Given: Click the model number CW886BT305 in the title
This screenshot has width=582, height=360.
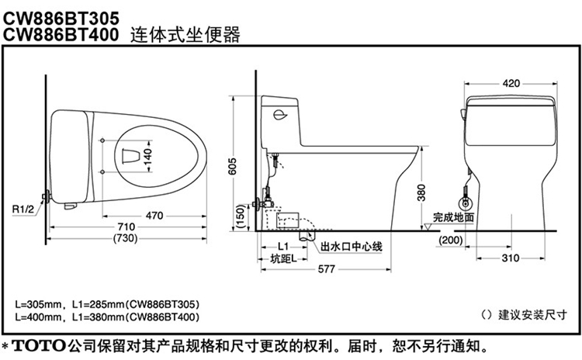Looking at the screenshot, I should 60,12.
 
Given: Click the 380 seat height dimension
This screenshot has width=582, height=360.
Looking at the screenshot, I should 421,191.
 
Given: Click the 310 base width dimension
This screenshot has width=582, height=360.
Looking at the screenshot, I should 510,257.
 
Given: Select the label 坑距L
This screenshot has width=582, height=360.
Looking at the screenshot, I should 282,258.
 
